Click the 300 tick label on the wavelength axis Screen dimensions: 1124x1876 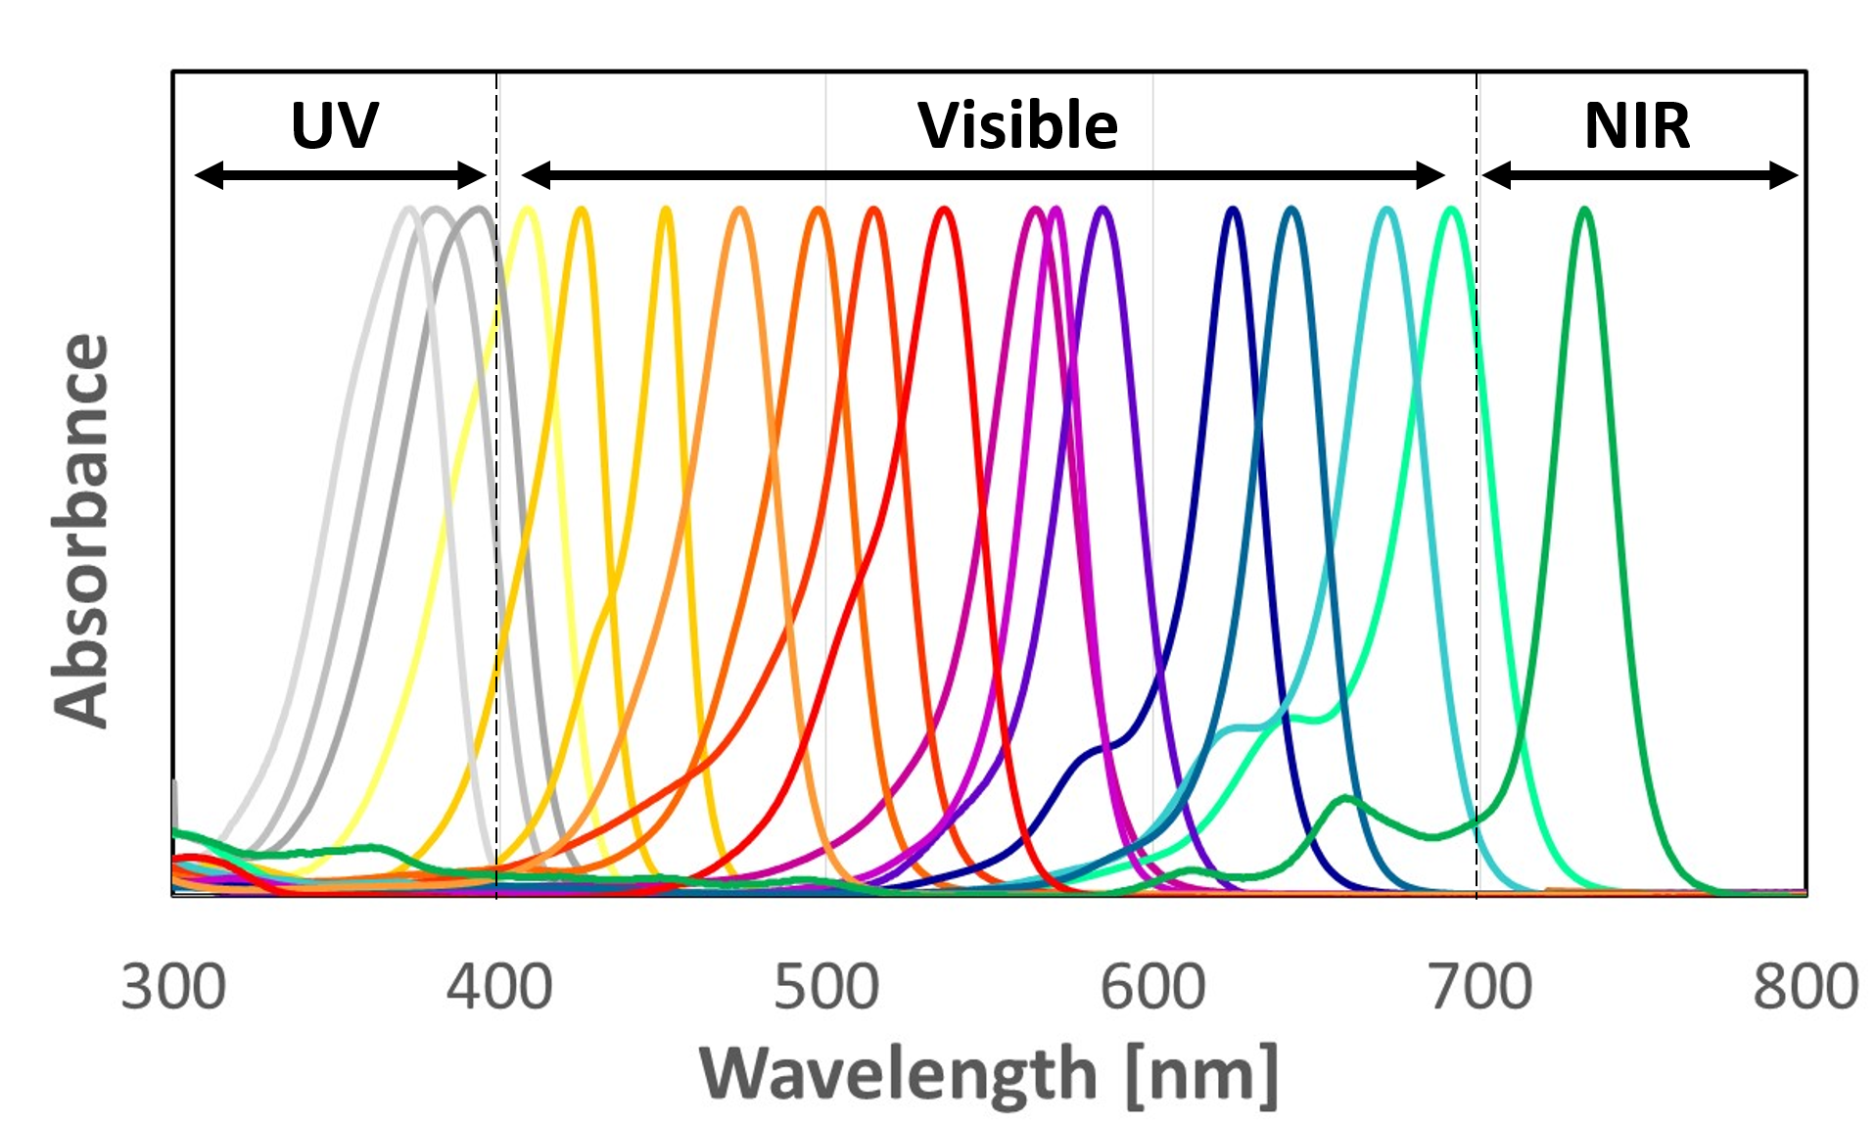(x=173, y=986)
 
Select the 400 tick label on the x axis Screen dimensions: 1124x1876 (x=499, y=986)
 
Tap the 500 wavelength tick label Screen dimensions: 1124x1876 (x=826, y=986)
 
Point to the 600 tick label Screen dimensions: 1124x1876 (x=1152, y=986)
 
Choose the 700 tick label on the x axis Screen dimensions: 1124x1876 (x=1479, y=986)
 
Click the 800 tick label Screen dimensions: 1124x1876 (x=1806, y=986)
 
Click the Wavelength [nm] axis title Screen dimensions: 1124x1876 (x=989, y=1075)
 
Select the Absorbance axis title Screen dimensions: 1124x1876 (x=80, y=531)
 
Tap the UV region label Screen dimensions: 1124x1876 (x=334, y=125)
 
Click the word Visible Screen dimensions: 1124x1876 (x=1017, y=125)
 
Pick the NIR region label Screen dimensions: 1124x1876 (x=1637, y=125)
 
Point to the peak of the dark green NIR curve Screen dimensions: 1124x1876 (x=1584, y=210)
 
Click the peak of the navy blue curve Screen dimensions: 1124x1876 (x=1233, y=210)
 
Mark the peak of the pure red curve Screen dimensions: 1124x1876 (x=944, y=210)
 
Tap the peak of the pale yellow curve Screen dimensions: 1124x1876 (x=528, y=210)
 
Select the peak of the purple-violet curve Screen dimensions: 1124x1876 (x=1102, y=210)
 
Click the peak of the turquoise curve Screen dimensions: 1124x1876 (x=1386, y=210)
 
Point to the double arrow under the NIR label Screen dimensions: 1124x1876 (x=1640, y=176)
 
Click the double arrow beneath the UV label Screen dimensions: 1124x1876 (x=340, y=176)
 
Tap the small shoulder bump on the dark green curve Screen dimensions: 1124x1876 (x=1346, y=800)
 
